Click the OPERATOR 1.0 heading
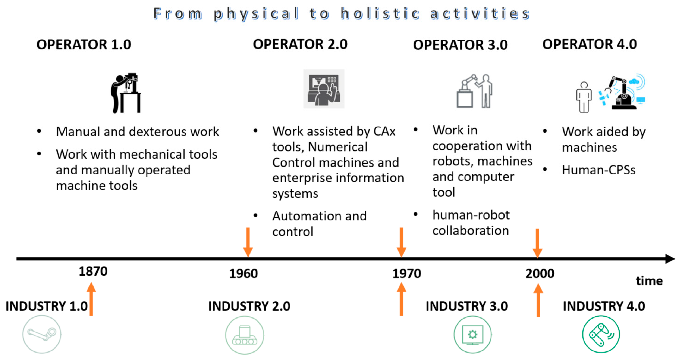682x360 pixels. tap(84, 44)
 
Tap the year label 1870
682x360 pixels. tap(93, 271)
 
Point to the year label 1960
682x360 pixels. tap(243, 273)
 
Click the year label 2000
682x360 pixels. tap(540, 273)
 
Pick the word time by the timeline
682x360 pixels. tap(649, 280)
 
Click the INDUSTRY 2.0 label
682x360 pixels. tap(249, 306)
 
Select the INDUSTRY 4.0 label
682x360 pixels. tap(604, 306)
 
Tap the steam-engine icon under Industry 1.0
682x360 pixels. tap(42, 334)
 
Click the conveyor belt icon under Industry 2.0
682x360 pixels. tap(245, 335)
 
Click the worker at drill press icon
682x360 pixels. tap(126, 93)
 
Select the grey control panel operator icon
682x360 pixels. tap(324, 89)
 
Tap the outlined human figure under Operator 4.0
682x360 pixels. tap(584, 97)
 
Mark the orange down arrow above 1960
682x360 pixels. tap(248, 242)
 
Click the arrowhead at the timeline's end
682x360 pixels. tap(670, 259)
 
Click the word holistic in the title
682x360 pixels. tap(380, 13)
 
